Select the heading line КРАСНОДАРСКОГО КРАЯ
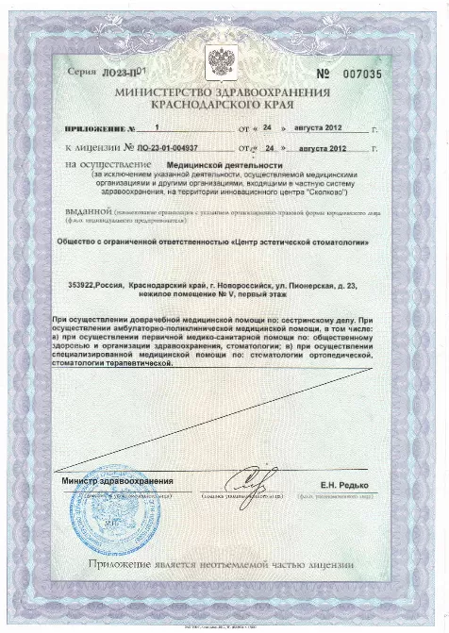point(224,108)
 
